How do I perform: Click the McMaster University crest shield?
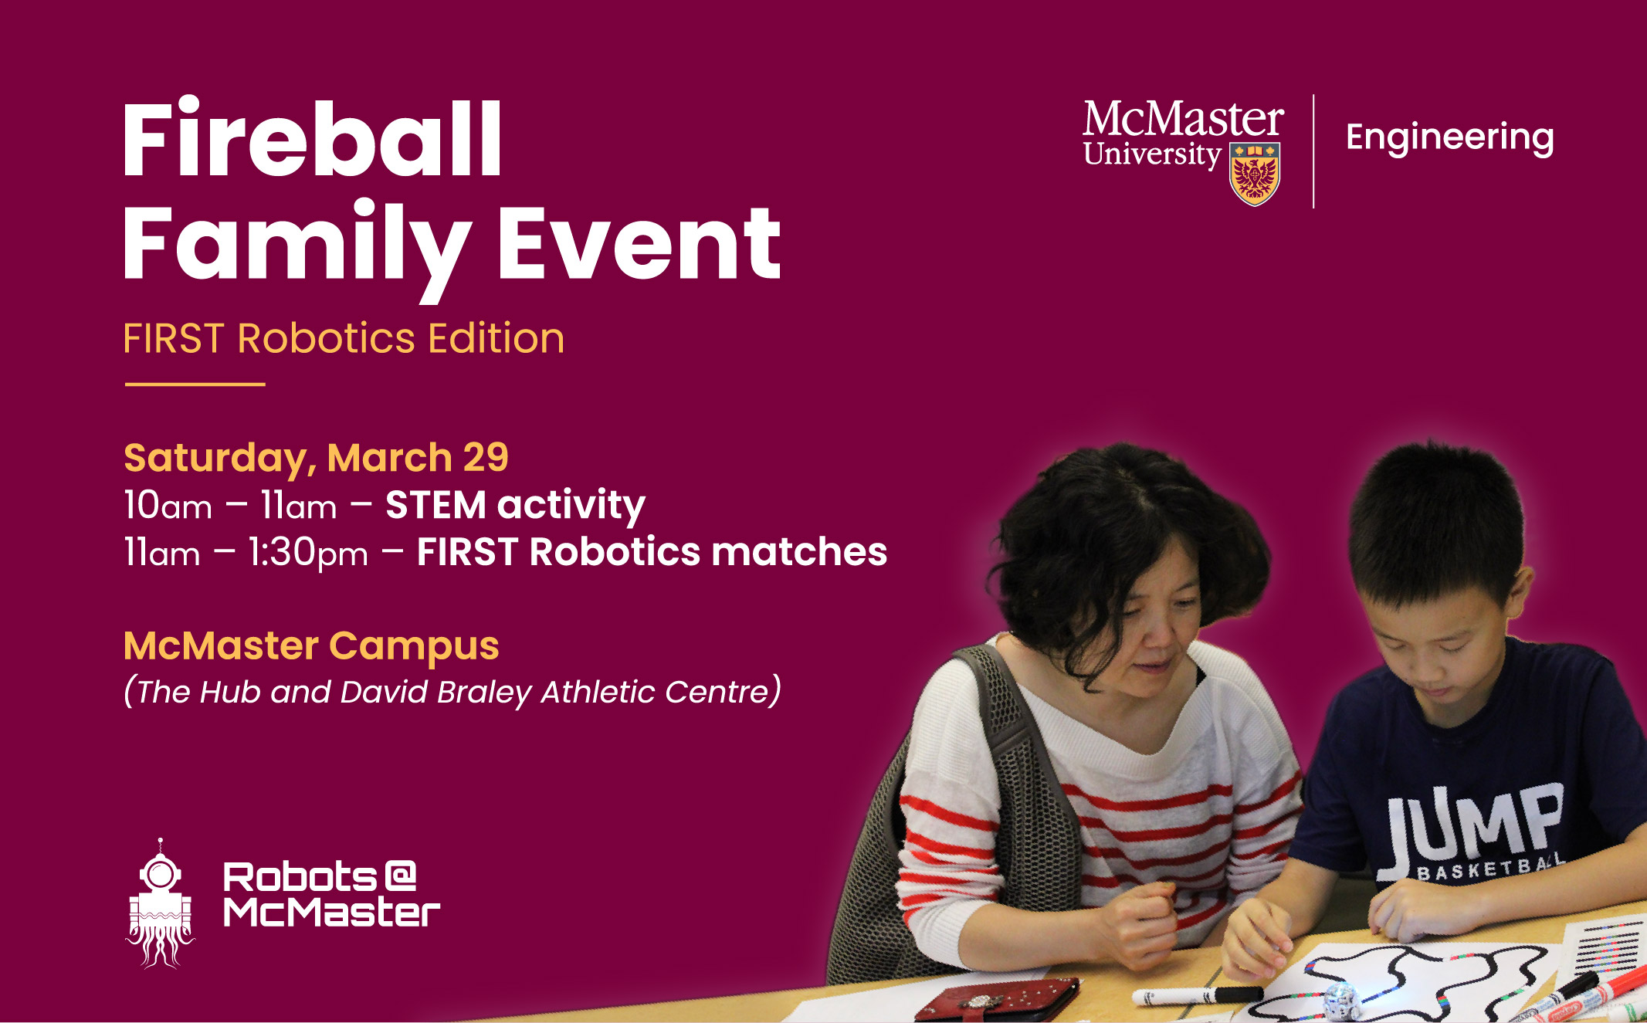pos(1254,174)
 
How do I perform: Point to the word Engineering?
pos(1449,138)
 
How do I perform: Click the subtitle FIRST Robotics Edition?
pos(344,339)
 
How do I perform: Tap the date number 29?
pos(486,458)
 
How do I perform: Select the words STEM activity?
pos(515,506)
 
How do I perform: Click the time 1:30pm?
pos(308,554)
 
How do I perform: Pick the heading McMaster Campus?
pos(311,646)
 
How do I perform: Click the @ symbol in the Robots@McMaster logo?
pos(399,876)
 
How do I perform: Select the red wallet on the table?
pos(996,1001)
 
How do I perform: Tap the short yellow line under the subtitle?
pos(195,384)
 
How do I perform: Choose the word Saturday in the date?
pos(215,458)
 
